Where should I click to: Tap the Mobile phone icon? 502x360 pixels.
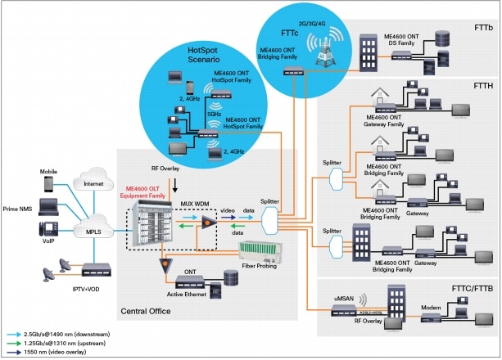pos(49,185)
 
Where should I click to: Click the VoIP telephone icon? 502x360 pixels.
pos(49,231)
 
